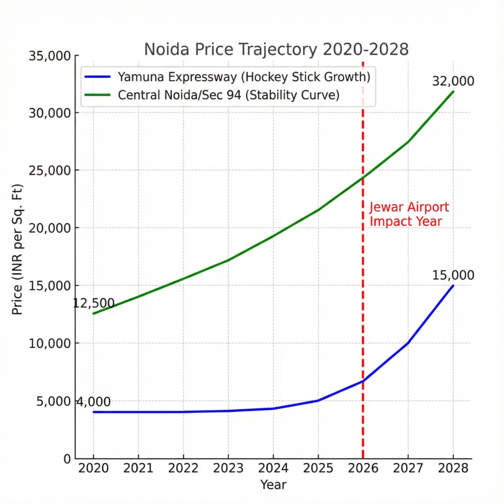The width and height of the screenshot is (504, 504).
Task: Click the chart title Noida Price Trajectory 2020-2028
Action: (x=276, y=50)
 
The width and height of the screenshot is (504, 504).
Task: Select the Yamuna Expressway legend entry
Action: (x=244, y=77)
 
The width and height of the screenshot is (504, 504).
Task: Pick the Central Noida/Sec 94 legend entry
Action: (x=229, y=95)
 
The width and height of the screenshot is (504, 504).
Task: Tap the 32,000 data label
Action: (x=453, y=81)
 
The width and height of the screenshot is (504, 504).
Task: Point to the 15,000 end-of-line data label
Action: (x=453, y=275)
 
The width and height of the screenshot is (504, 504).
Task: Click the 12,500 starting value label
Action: (x=94, y=303)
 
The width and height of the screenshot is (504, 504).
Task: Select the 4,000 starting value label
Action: (x=93, y=402)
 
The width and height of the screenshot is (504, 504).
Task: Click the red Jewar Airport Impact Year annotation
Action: (x=409, y=214)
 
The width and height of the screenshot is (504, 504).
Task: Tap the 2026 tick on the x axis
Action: (x=363, y=469)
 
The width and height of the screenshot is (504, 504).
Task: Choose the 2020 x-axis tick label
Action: (x=93, y=469)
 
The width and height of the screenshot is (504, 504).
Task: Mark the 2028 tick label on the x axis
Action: (x=453, y=469)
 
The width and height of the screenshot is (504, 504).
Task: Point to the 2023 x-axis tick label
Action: (x=228, y=469)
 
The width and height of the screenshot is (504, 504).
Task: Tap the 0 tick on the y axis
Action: (x=67, y=458)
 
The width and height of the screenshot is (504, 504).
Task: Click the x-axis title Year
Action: (x=273, y=485)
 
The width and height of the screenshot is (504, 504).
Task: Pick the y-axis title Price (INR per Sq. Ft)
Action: (x=18, y=256)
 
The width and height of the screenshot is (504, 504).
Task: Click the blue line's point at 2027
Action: (x=408, y=343)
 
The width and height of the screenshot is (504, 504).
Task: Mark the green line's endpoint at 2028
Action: (x=453, y=92)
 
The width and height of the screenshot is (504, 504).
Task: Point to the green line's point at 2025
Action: (x=318, y=210)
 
